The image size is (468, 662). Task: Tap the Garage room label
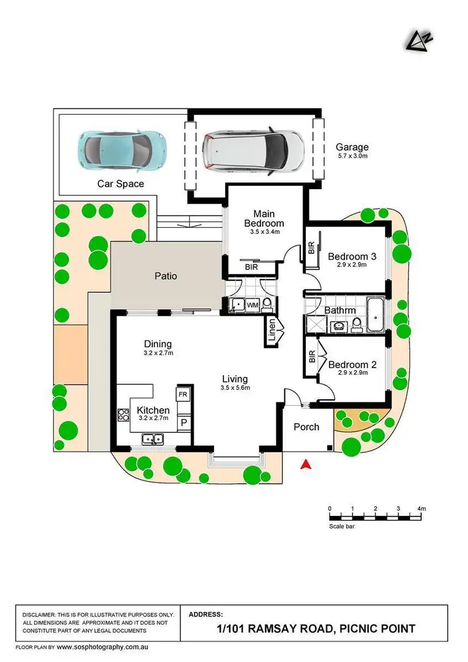353,148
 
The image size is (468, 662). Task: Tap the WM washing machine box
252,305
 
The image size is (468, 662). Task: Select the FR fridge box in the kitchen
183,395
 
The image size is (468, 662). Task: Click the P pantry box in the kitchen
183,422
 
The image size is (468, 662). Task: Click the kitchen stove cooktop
122,416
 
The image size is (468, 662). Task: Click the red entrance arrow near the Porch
305,464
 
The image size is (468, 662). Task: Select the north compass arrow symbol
414,41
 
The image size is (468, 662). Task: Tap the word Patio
166,276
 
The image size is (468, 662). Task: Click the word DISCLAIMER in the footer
44,615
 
